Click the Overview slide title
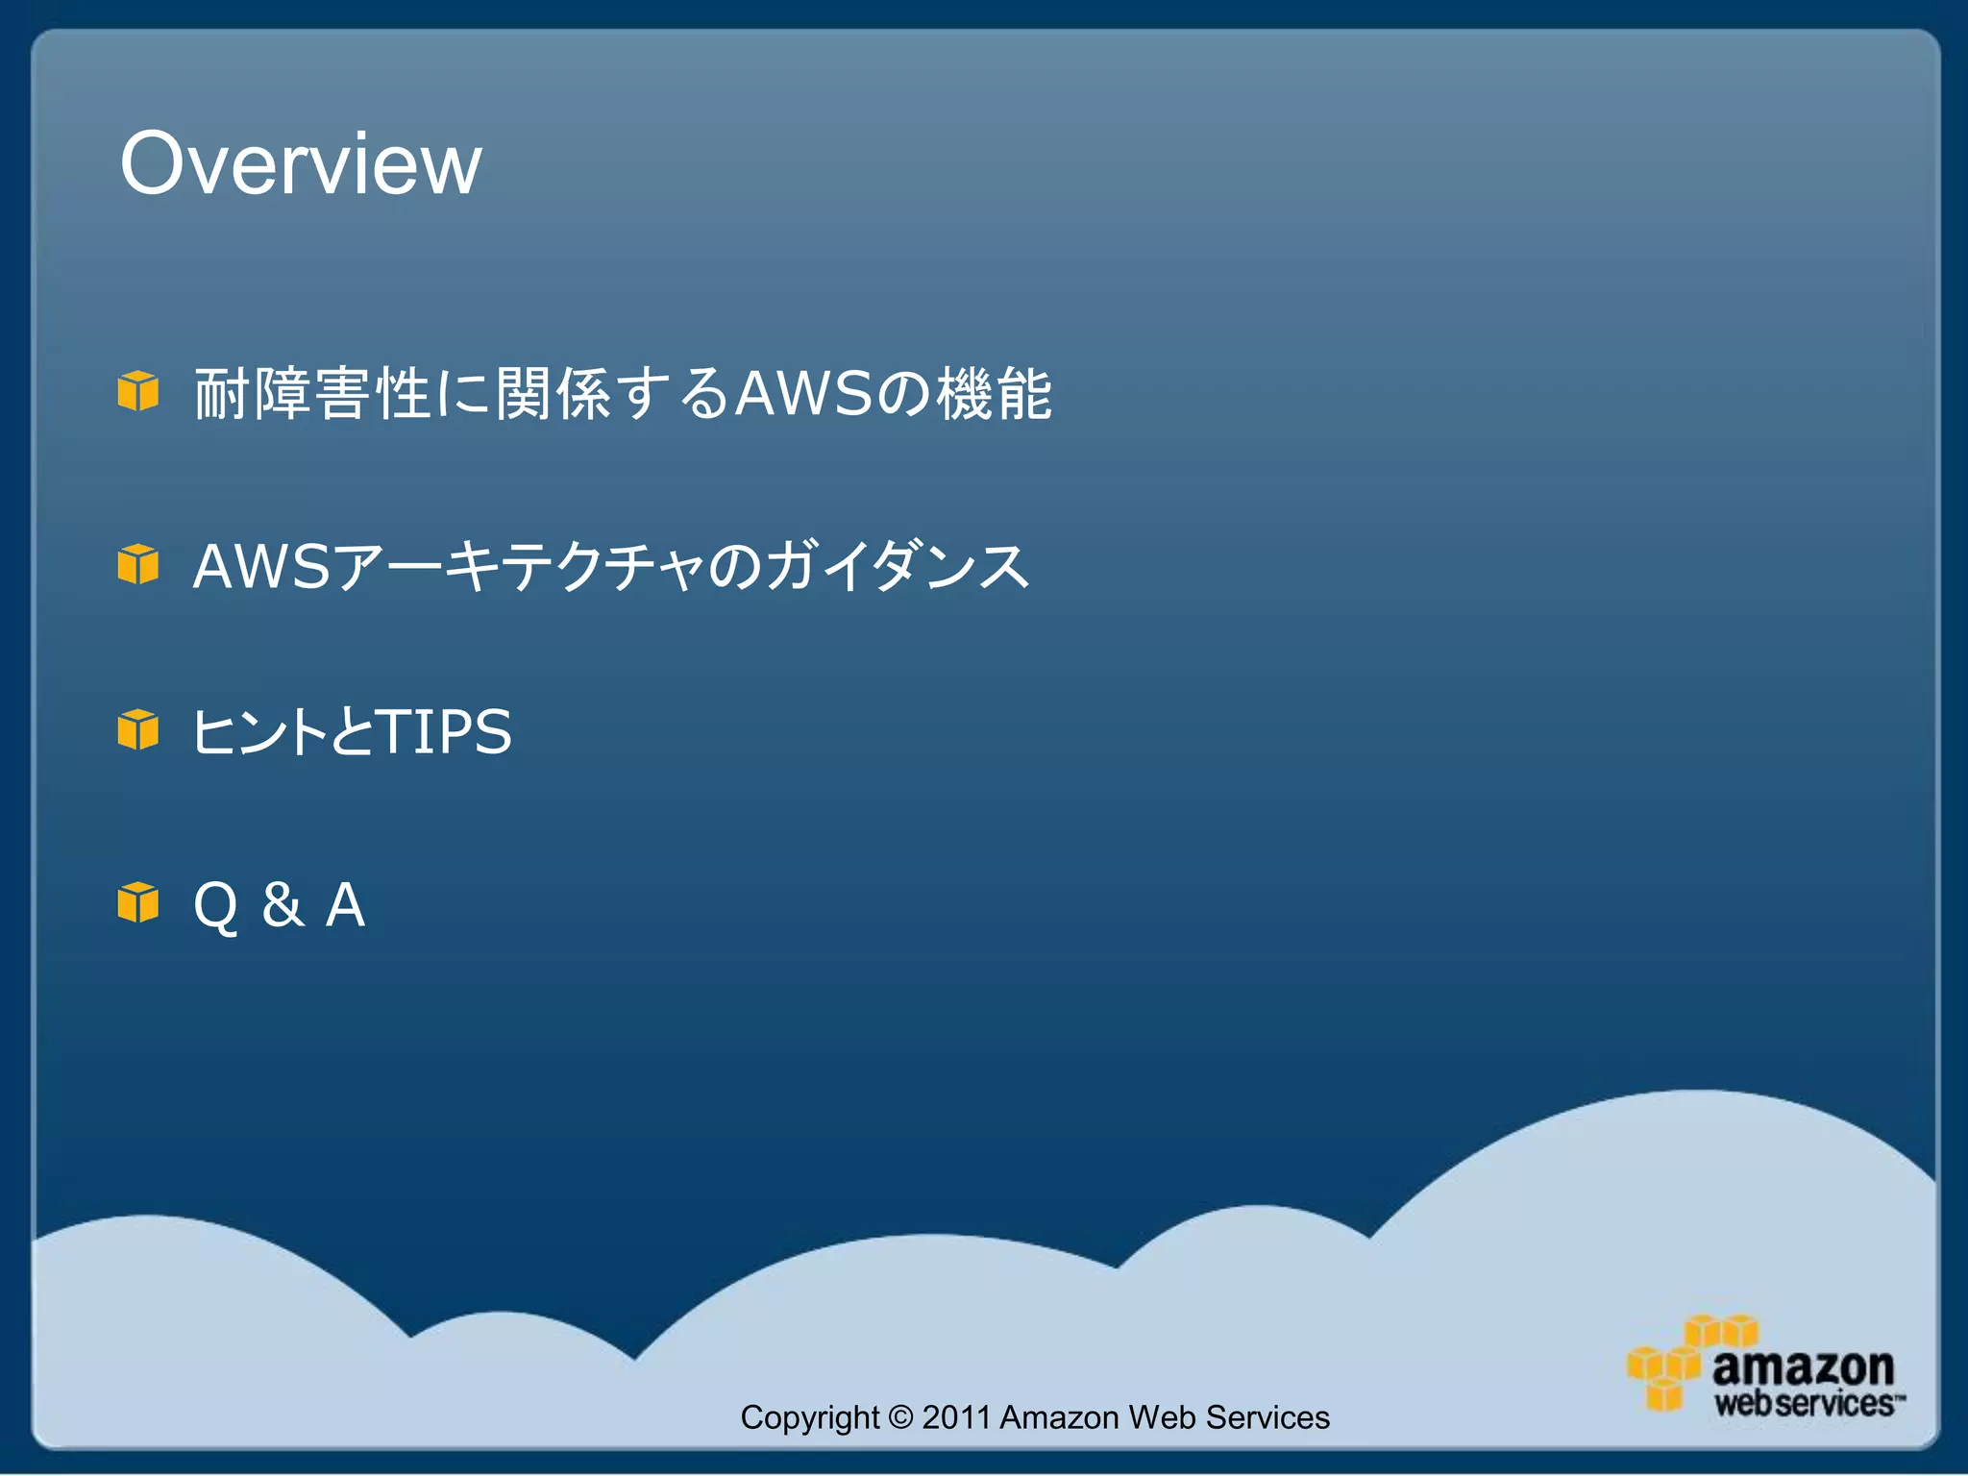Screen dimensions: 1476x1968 (300, 163)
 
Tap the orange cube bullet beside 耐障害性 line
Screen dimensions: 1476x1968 (138, 391)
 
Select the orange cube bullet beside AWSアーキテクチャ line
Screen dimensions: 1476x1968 (138, 564)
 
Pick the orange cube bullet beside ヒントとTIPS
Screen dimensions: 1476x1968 (138, 729)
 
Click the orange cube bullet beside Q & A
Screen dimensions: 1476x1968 (138, 902)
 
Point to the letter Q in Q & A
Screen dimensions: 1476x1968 (215, 905)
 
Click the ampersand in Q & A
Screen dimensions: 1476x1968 (283, 905)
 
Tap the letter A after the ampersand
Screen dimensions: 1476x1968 (345, 905)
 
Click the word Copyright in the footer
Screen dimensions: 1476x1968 (809, 1417)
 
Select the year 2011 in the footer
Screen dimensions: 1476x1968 (955, 1417)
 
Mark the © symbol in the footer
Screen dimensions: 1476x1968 (900, 1417)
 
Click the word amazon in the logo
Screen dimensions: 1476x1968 (1803, 1366)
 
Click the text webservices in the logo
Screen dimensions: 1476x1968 (1805, 1404)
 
